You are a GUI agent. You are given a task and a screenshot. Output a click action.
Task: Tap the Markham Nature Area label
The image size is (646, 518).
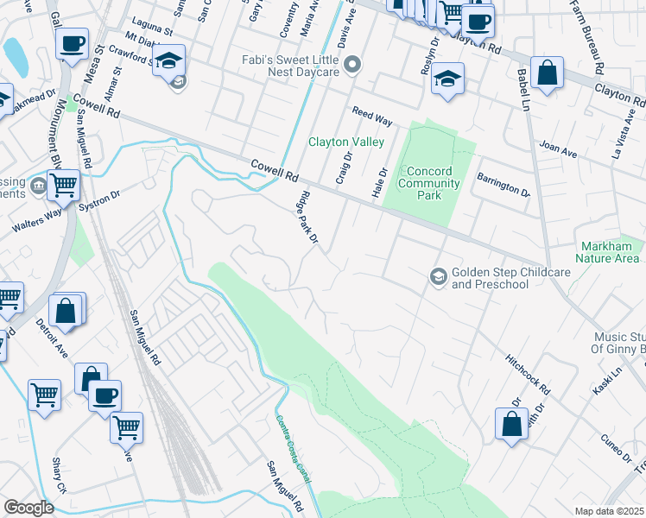click(x=610, y=252)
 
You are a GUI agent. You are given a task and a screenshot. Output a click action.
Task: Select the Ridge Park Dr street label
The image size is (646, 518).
click(x=309, y=222)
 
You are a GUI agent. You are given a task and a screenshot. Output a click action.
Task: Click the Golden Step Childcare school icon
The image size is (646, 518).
click(x=439, y=276)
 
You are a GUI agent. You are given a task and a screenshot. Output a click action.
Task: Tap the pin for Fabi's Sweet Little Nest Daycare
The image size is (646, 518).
click(x=352, y=65)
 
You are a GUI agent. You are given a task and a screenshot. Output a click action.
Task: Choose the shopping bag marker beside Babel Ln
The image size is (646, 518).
click(x=548, y=73)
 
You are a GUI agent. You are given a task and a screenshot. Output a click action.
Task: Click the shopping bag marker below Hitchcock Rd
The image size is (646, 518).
click(x=511, y=424)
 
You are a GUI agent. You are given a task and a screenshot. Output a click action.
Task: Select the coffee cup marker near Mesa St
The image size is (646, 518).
click(x=73, y=43)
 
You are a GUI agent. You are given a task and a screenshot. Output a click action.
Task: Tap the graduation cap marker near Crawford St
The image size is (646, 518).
click(x=168, y=60)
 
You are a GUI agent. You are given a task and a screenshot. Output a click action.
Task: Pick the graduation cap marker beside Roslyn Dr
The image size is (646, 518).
click(x=446, y=79)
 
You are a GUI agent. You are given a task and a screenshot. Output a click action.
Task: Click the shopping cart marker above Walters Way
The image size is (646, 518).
click(x=63, y=184)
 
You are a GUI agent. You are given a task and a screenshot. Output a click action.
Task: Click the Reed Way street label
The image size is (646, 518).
click(x=371, y=117)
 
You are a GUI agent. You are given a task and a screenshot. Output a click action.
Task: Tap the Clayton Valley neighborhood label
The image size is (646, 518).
click(x=341, y=142)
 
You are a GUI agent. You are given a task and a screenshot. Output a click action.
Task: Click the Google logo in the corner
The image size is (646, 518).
click(x=28, y=507)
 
